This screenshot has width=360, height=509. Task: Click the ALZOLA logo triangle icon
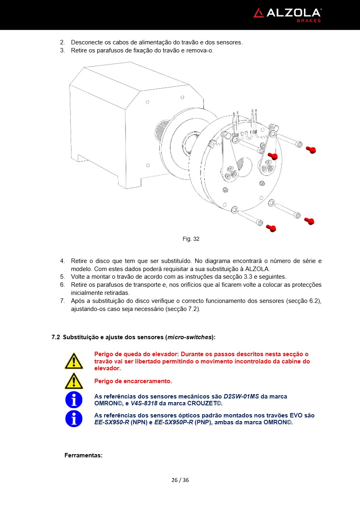(259, 13)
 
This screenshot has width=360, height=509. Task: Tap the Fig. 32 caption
(191, 239)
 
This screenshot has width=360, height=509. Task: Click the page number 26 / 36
(180, 480)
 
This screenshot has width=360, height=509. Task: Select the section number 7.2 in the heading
(56, 337)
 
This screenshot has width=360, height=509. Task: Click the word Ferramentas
(84, 455)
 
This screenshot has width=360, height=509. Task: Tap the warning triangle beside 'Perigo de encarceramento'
(73, 381)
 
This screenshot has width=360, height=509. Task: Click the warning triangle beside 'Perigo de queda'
(73, 361)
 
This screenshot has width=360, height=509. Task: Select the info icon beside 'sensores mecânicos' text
(73, 400)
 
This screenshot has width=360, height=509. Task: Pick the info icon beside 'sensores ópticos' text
(73, 419)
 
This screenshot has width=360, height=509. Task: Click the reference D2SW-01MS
(241, 396)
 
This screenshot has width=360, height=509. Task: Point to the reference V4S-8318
(144, 403)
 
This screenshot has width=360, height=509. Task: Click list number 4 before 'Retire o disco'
(63, 261)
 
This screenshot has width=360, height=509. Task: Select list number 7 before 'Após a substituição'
(63, 301)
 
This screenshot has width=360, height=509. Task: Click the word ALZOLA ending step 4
(257, 269)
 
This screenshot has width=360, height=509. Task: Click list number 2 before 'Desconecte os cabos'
(63, 42)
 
